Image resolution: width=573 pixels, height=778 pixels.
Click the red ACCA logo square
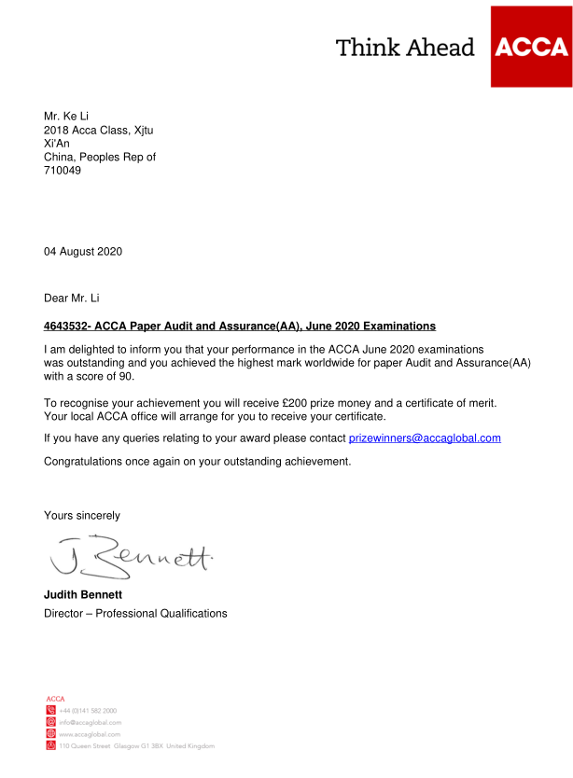point(531,47)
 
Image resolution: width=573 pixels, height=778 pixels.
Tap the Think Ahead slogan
point(405,48)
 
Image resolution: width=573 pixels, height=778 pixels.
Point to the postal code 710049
point(63,171)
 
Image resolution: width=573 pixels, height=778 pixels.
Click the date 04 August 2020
point(83,252)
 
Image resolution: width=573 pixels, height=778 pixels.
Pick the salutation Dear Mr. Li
point(72,299)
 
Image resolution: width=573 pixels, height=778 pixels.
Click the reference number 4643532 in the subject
point(65,326)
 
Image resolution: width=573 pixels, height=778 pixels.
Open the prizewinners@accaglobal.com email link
point(425,438)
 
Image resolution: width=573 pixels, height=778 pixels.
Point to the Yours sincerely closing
point(82,515)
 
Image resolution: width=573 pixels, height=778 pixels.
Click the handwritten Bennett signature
point(131,556)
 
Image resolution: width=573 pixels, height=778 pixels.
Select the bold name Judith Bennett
point(83,594)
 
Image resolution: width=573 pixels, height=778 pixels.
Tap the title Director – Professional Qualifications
point(135,613)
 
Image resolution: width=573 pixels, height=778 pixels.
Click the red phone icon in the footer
point(50,710)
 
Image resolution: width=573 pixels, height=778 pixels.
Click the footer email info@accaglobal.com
point(91,722)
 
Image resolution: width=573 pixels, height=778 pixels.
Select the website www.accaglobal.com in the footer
point(90,734)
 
